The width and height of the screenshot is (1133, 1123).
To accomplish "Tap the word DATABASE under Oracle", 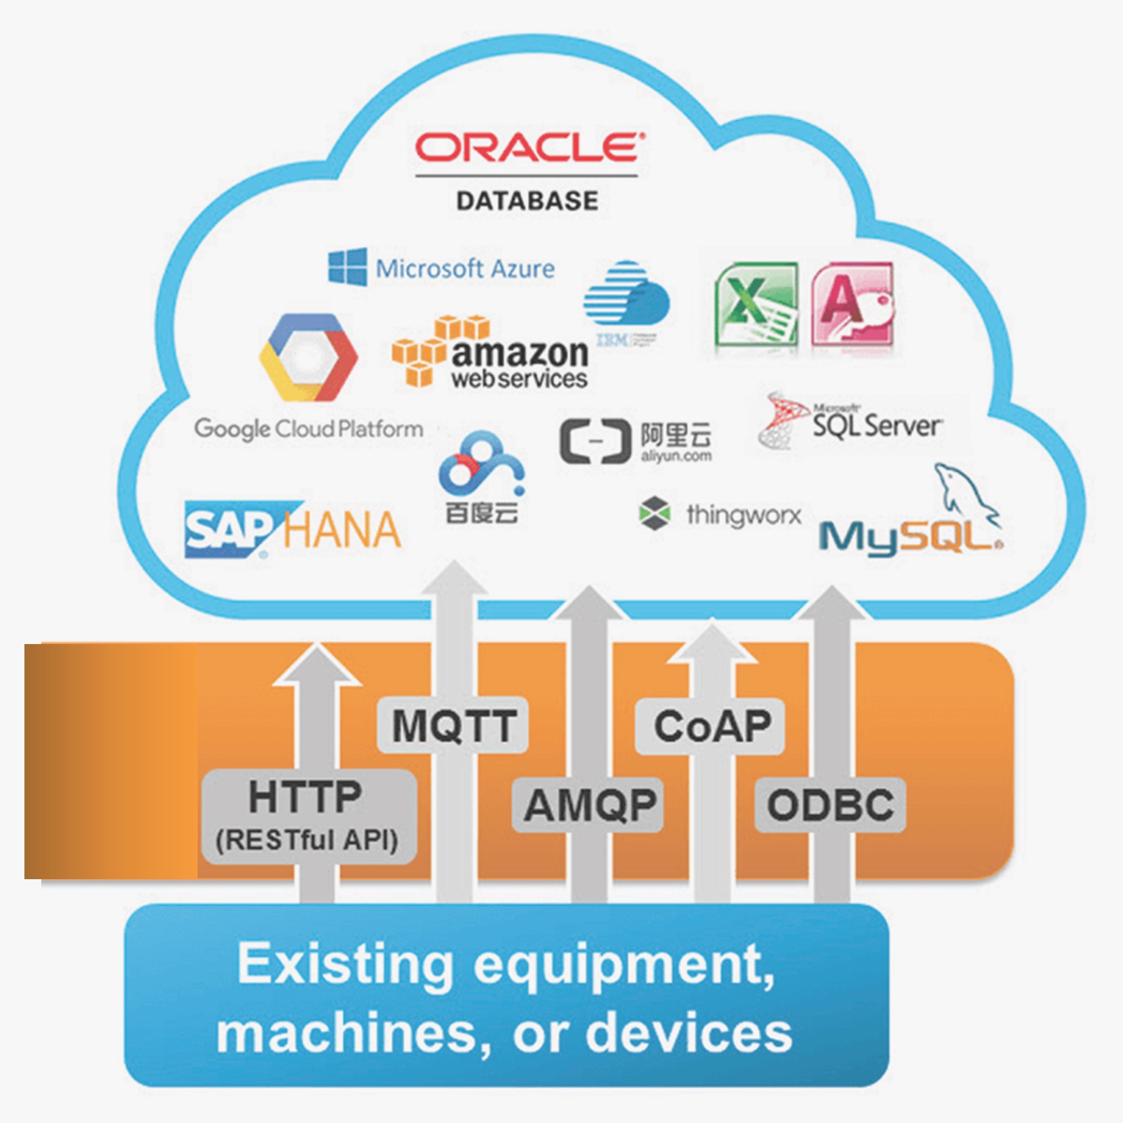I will pyautogui.click(x=527, y=201).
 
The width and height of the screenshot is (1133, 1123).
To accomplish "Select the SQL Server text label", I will pyautogui.click(x=877, y=425).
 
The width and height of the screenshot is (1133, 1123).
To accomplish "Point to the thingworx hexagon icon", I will pyautogui.click(x=654, y=513).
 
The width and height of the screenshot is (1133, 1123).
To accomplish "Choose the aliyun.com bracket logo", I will pyautogui.click(x=591, y=441).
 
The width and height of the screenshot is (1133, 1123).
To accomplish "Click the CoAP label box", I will pyautogui.click(x=711, y=727).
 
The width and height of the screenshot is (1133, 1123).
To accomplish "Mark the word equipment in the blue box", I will pyautogui.click(x=624, y=964).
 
